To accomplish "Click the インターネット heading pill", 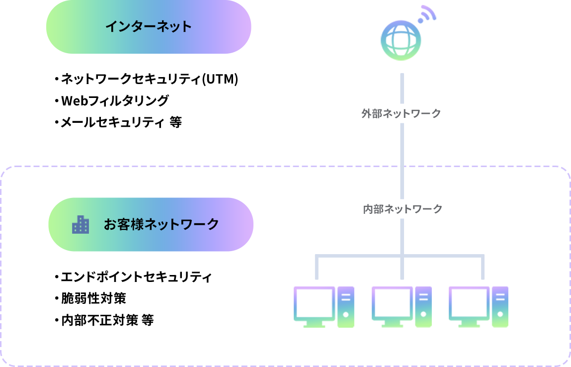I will pos(149,27).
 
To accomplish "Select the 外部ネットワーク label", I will pos(401,114).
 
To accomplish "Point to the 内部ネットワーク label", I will pos(403,209).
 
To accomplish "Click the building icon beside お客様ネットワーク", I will pos(81,225).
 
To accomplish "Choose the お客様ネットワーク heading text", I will pos(162,225).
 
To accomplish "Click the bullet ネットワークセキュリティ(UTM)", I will pos(148,79).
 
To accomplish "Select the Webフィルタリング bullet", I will pos(114,101).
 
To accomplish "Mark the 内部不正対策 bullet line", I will pos(106,320).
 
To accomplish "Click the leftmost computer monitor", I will pos(314,304).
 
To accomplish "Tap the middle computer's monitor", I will pos(392,304).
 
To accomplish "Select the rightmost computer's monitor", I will pos(469,304).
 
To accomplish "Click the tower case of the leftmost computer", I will pos(345,306).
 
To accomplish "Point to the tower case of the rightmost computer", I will pos(500,306).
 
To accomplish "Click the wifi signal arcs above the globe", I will pos(426,14).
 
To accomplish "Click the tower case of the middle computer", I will pos(423,306).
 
